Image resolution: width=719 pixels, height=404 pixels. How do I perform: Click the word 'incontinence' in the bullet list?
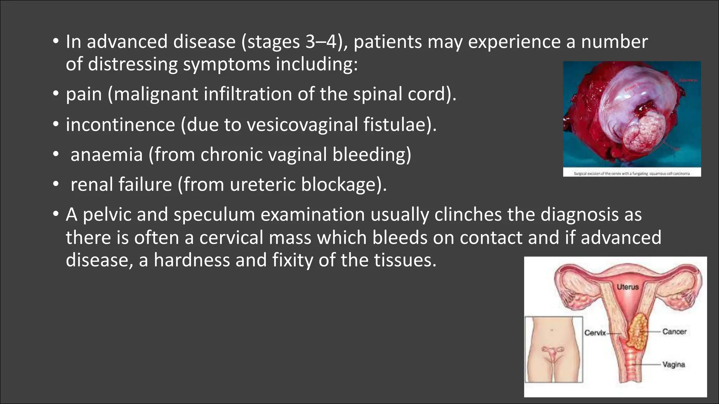(120, 124)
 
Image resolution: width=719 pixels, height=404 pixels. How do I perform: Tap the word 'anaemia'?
(106, 155)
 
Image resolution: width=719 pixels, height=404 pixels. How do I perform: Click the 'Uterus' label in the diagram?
(628, 287)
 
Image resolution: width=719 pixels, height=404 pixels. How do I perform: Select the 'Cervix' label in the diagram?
(595, 332)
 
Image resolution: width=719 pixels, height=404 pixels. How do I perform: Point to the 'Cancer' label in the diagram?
(674, 331)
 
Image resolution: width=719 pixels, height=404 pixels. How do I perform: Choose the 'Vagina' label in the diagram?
(673, 364)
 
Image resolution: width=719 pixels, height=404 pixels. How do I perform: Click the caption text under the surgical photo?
(632, 173)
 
